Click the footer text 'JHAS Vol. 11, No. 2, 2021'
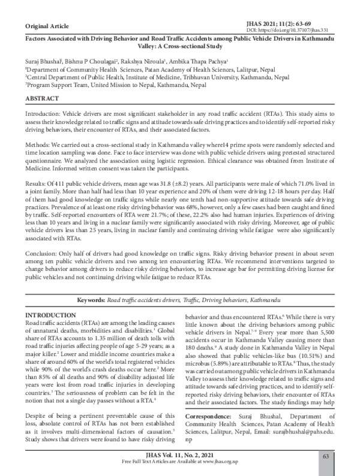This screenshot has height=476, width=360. pos(179,457)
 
